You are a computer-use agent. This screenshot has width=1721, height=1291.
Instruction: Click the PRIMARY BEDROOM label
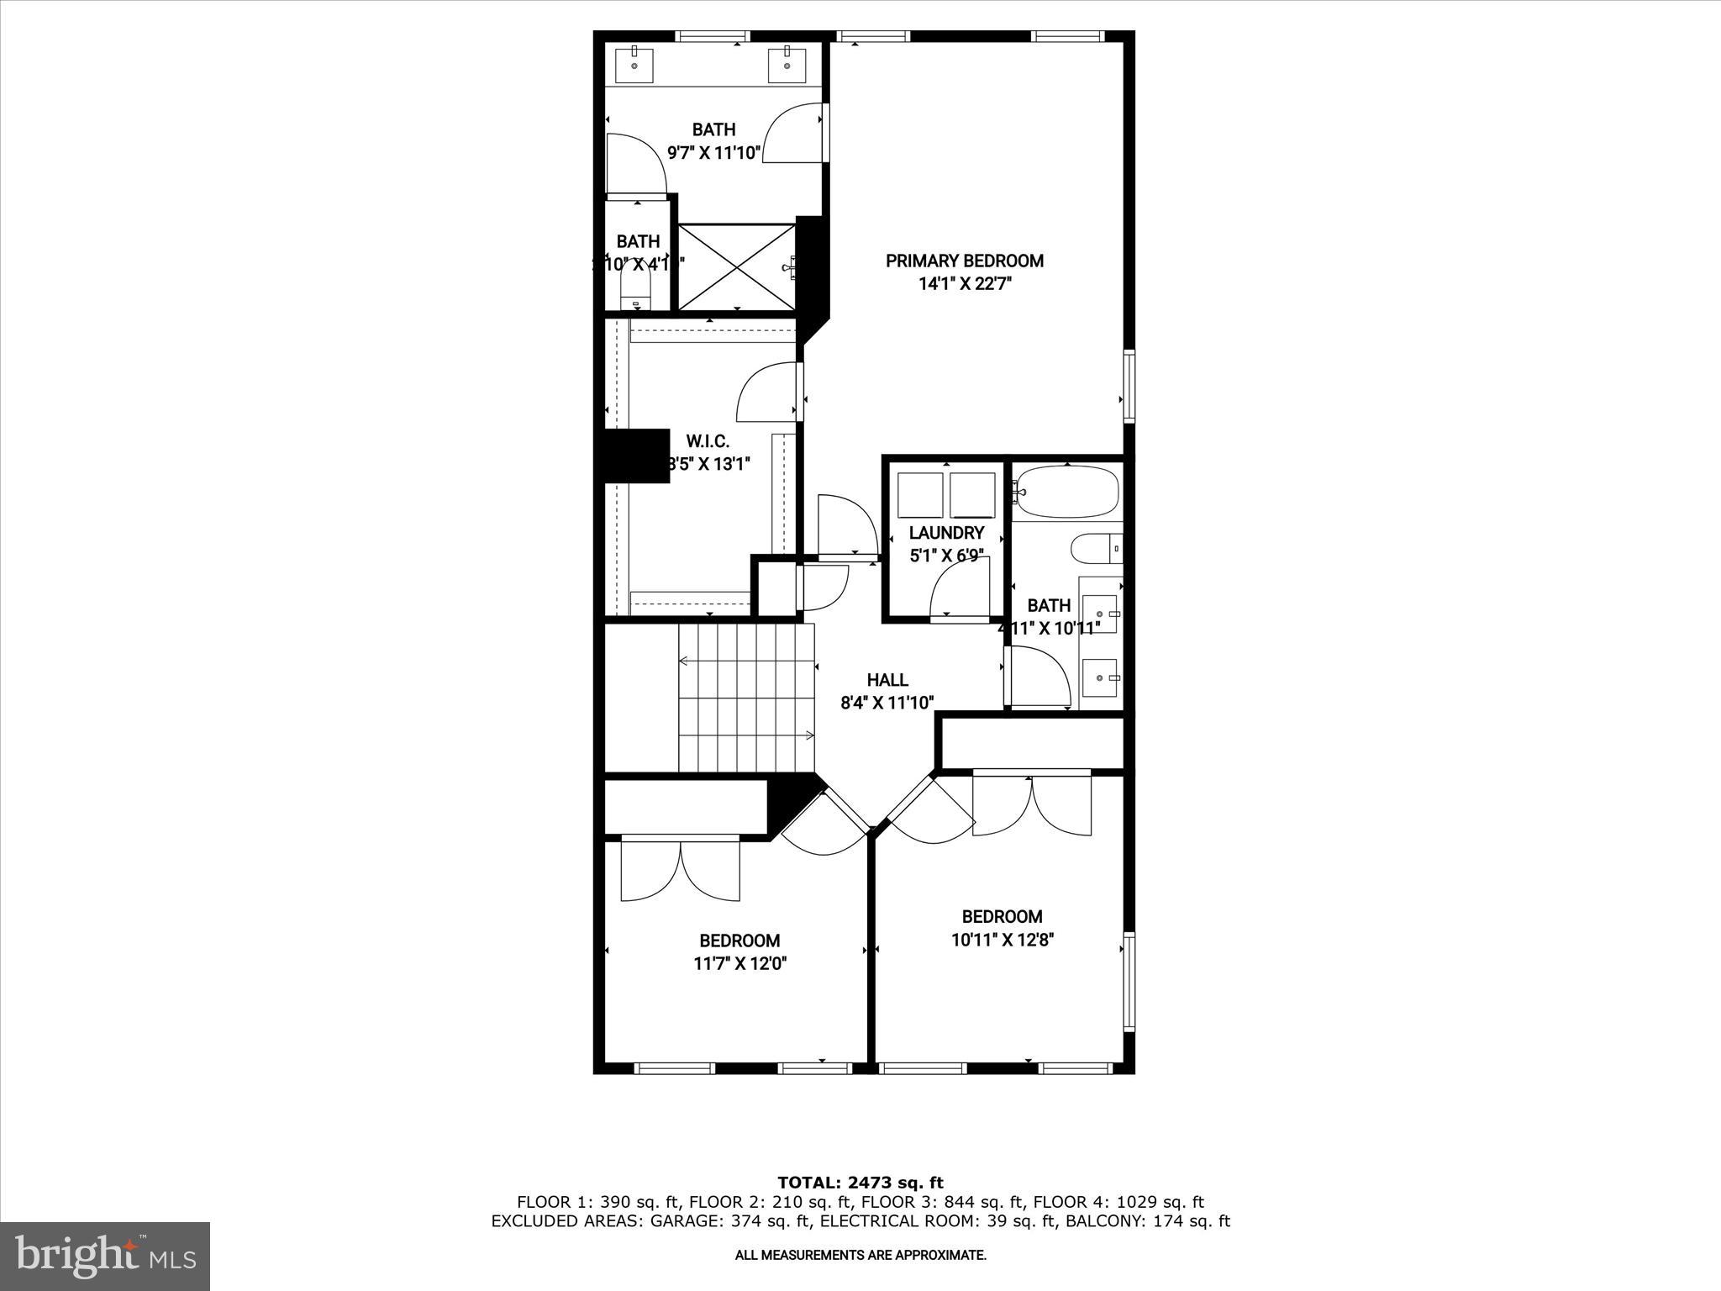pyautogui.click(x=965, y=261)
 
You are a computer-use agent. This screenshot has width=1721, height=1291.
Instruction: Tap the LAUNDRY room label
pyautogui.click(x=946, y=533)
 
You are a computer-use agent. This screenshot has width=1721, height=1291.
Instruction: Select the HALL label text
pyautogui.click(x=887, y=680)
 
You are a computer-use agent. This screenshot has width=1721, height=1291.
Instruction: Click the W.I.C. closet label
pyautogui.click(x=708, y=441)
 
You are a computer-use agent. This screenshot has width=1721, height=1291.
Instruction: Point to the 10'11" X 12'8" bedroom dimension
pyautogui.click(x=1003, y=940)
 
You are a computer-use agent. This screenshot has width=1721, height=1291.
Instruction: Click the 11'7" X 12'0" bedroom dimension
pyautogui.click(x=739, y=964)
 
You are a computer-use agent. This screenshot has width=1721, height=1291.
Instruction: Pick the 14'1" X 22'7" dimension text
pyautogui.click(x=965, y=284)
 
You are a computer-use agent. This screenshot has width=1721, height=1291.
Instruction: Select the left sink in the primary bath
pyautogui.click(x=634, y=65)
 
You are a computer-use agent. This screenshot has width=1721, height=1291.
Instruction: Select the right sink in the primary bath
pyautogui.click(x=787, y=65)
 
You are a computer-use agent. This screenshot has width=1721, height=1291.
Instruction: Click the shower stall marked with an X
pyautogui.click(x=736, y=267)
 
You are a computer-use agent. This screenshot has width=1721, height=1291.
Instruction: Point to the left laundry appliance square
pyautogui.click(x=920, y=495)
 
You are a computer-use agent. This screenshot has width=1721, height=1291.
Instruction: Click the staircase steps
pyautogui.click(x=746, y=698)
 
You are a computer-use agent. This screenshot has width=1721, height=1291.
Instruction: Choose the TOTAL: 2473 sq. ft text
pyautogui.click(x=860, y=1183)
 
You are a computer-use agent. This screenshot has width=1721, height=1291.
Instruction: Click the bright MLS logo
pyautogui.click(x=105, y=1256)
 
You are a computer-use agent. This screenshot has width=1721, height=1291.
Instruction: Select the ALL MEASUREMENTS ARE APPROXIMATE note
pyautogui.click(x=860, y=1256)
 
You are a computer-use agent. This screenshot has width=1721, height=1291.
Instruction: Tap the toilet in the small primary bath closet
pyautogui.click(x=636, y=294)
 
